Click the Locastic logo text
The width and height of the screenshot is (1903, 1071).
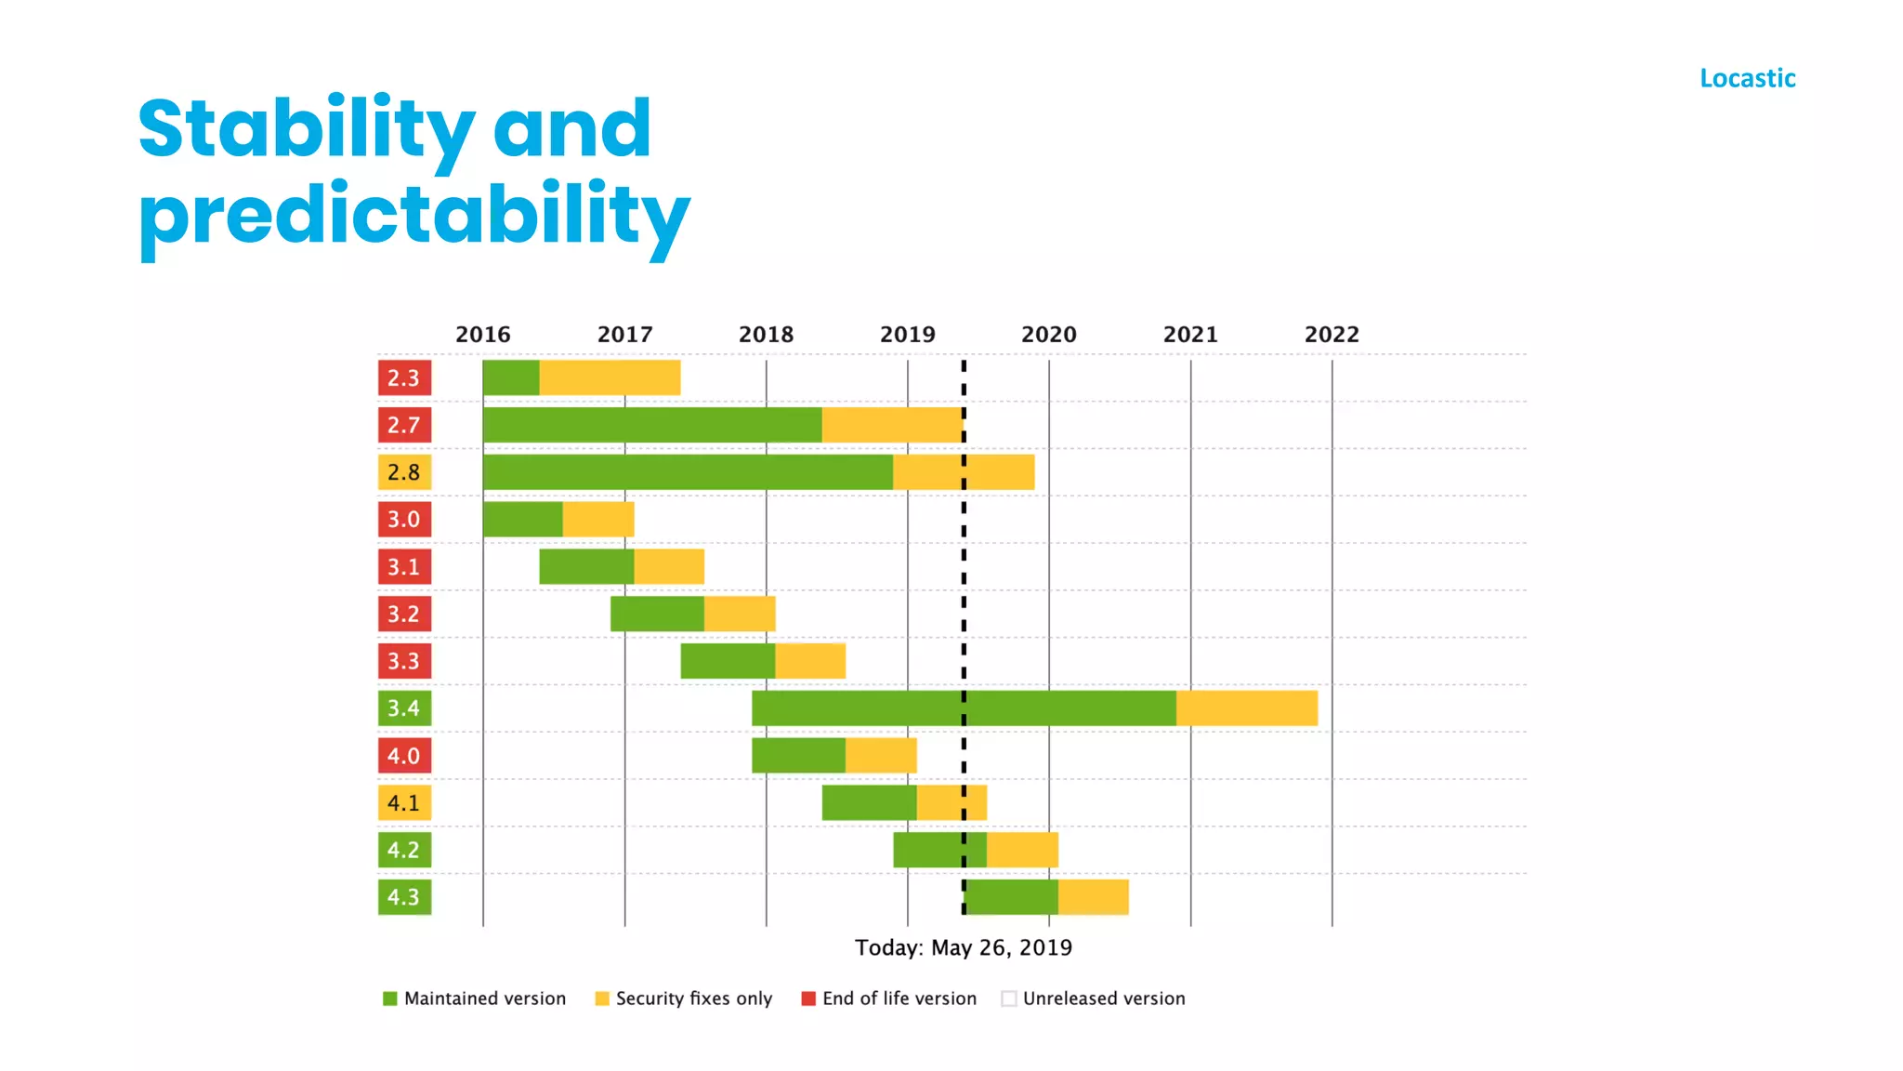(x=1747, y=78)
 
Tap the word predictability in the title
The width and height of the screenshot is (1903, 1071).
(x=413, y=216)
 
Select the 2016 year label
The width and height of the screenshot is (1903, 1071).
(x=482, y=335)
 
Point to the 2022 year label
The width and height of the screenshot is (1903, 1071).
(x=1331, y=335)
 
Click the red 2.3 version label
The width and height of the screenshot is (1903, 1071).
(x=404, y=377)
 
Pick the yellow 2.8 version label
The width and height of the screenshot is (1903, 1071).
(x=404, y=472)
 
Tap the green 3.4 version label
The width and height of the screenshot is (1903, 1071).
(x=404, y=708)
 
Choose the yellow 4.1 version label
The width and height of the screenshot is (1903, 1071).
(x=404, y=802)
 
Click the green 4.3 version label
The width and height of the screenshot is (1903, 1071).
(x=404, y=897)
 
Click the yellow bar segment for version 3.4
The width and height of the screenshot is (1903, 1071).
(x=1246, y=708)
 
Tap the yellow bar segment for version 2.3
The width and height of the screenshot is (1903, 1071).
(x=610, y=377)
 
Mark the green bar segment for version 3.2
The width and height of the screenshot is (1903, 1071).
(x=657, y=614)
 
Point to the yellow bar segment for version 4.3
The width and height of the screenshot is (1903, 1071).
(x=1093, y=897)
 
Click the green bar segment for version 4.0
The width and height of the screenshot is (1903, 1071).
(x=798, y=755)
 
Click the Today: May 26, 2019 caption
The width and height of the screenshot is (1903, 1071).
(x=963, y=947)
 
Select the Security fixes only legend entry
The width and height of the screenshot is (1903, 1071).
(x=684, y=998)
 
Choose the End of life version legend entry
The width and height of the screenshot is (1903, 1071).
(x=889, y=998)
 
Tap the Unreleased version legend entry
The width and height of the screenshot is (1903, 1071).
(x=1094, y=998)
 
